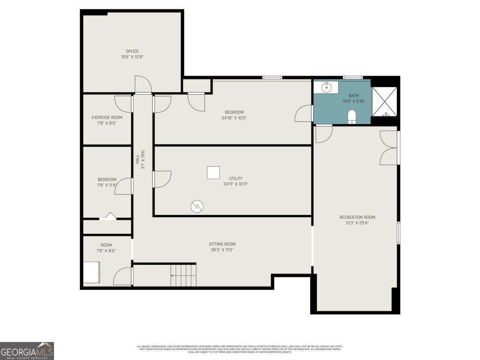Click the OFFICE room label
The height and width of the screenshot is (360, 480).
(132, 51)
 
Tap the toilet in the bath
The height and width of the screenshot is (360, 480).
(352, 116)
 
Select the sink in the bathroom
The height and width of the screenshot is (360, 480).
(327, 87)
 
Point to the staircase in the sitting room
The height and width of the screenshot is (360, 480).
(183, 275)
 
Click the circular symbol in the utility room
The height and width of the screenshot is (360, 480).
(197, 206)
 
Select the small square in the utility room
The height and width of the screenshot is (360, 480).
(213, 173)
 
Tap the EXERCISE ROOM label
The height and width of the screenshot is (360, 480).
(107, 118)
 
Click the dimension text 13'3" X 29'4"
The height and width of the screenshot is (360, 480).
(357, 223)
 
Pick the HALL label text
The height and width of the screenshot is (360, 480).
(137, 159)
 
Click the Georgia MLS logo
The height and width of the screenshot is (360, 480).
(27, 351)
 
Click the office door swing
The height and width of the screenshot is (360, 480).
(143, 84)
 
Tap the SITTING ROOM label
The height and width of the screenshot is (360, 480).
(222, 244)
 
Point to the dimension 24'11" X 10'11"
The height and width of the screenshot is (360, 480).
(236, 184)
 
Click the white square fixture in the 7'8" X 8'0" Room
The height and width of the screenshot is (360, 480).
(92, 272)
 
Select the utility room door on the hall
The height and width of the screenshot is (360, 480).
(162, 179)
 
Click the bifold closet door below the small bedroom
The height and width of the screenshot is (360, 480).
(108, 216)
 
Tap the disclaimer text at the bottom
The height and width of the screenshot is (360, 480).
(240, 349)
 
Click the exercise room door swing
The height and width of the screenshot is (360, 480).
(124, 104)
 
